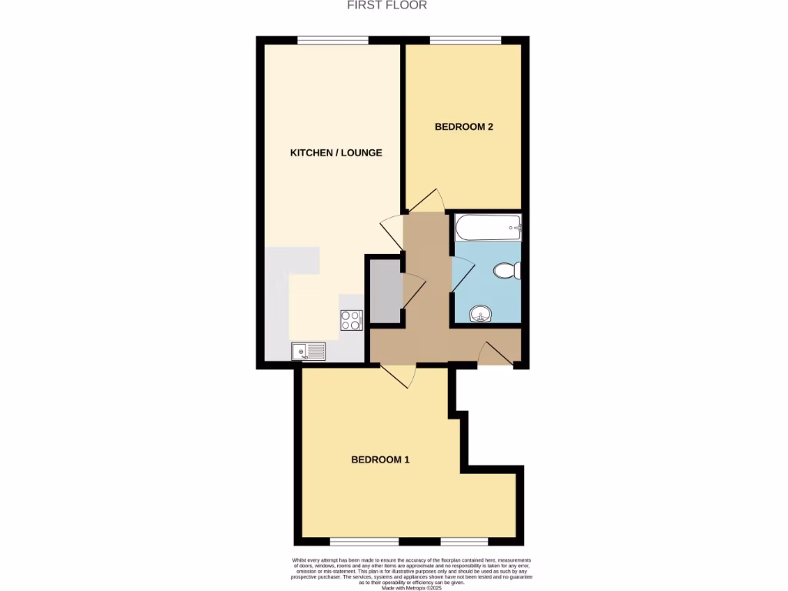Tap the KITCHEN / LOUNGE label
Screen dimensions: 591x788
336,152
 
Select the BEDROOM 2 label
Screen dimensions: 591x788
464,127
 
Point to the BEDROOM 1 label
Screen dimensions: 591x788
380,460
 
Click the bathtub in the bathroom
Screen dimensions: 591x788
488,227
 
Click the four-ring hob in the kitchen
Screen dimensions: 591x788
351,320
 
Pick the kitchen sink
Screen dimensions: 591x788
308,352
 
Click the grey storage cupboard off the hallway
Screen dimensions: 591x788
383,292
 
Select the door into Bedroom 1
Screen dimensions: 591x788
399,374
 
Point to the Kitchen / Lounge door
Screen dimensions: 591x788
392,231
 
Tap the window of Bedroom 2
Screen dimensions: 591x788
465,40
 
